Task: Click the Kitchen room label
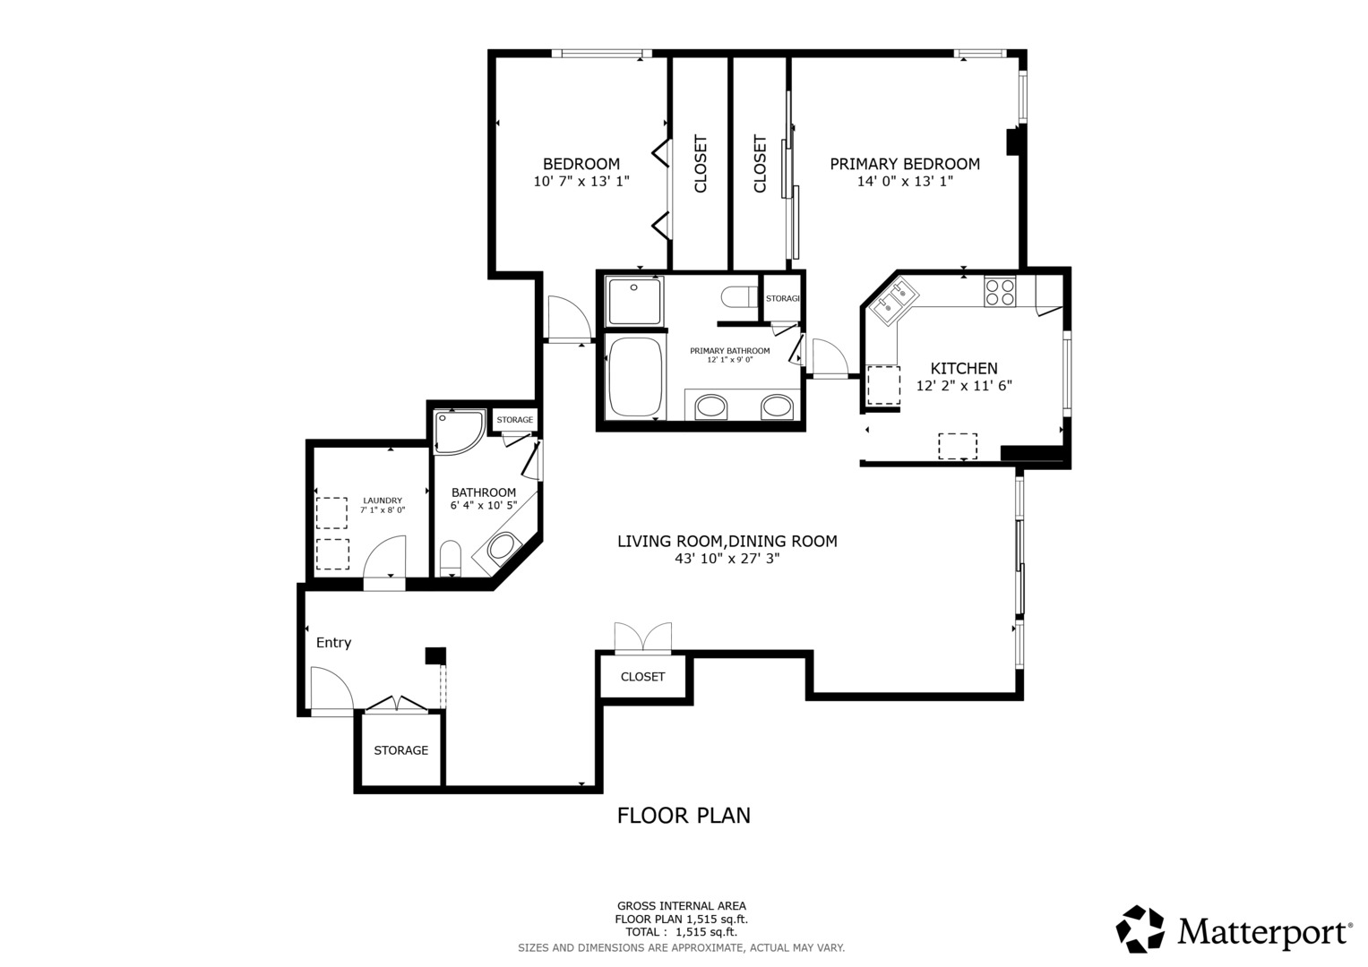coord(964,368)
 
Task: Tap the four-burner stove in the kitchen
coord(1000,291)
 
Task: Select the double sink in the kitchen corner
coord(893,301)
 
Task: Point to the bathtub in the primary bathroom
coord(635,377)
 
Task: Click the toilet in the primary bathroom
coord(740,297)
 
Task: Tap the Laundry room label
coord(383,501)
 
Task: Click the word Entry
coord(333,642)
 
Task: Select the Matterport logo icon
coord(1140,929)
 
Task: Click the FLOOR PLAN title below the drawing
coord(684,816)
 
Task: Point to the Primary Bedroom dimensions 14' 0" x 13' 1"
coord(905,181)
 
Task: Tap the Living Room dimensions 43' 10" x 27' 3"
coord(727,558)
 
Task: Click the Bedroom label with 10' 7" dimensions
coord(581,164)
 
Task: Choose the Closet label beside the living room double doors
coord(642,676)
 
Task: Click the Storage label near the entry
coord(400,750)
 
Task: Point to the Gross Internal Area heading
coord(681,906)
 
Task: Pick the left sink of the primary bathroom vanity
coord(710,406)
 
